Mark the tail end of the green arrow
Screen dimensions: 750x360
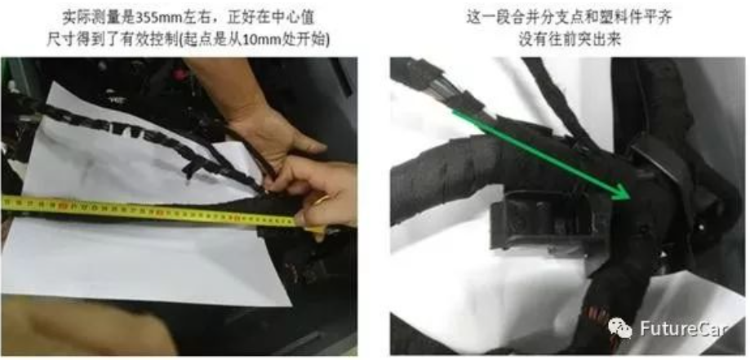pos(454,110)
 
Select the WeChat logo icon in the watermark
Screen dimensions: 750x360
pos(621,329)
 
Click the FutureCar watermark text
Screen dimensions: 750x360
pos(685,329)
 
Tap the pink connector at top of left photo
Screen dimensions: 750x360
pos(180,75)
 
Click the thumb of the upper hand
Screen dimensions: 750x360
pos(306,143)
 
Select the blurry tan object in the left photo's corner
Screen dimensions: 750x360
pos(86,326)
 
